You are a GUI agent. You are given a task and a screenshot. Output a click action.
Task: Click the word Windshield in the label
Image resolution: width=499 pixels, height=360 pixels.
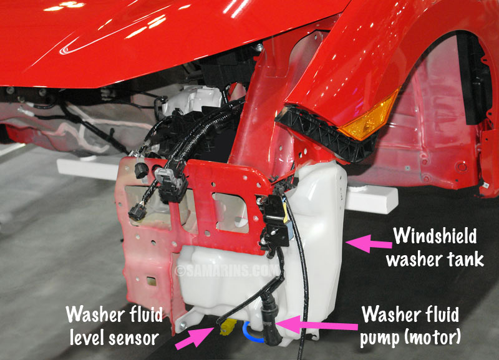click(435, 236)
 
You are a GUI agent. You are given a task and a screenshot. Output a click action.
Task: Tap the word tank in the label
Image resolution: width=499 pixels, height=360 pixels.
click(466, 259)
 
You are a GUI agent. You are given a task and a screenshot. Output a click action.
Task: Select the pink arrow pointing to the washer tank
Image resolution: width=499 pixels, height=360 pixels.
click(369, 243)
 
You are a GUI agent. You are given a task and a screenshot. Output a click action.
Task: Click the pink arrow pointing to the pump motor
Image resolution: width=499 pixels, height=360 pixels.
click(317, 324)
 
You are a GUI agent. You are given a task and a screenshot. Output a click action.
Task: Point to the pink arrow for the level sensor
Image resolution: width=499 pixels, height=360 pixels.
click(195, 338)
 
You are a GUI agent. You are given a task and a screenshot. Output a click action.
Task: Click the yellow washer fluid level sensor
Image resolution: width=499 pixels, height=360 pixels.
click(228, 326)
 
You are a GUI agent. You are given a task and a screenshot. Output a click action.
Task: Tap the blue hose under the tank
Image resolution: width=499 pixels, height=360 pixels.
click(252, 333)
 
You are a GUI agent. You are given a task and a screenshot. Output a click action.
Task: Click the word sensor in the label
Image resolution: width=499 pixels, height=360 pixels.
click(134, 338)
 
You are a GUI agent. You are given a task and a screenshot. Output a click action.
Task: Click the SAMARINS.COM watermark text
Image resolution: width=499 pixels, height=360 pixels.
click(226, 271)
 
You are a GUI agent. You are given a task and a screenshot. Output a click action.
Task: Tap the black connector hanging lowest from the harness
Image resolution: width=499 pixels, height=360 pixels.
click(137, 212)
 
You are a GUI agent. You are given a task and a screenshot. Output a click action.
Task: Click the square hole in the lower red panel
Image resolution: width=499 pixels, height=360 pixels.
click(151, 281)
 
